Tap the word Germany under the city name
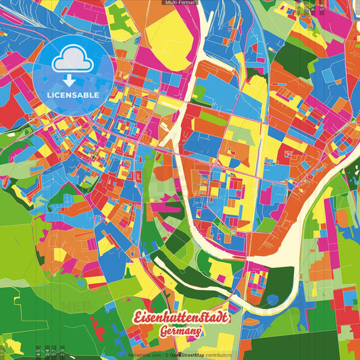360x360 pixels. tap(182, 332)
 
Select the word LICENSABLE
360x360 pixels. tap(74, 95)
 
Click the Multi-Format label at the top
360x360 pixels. tap(180, 3)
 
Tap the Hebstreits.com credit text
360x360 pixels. tap(144, 355)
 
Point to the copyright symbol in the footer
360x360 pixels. tap(165, 355)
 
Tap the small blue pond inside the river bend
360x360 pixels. tap(273, 299)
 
